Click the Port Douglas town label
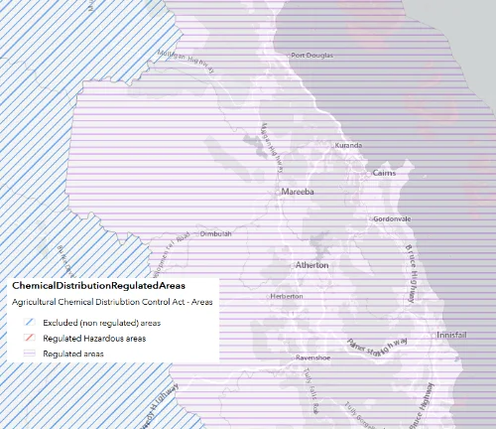pos(309,55)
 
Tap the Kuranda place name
pos(349,146)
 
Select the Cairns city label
pos(384,174)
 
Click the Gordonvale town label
pos(392,218)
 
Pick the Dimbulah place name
pos(215,234)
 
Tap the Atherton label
pos(311,266)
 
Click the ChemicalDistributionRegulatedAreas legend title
pos(99,286)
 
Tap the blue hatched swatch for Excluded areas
pos(26,323)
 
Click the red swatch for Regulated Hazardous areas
pos(26,338)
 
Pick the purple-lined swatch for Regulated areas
pos(26,353)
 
